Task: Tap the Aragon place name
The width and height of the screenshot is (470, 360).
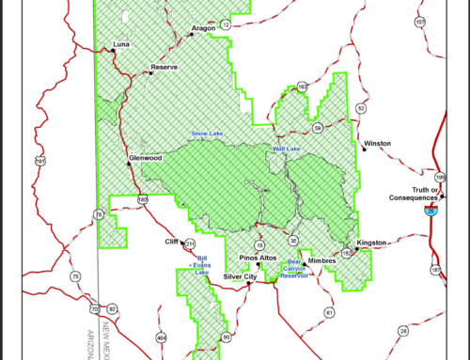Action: click(203, 29)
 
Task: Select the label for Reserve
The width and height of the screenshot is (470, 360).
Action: click(165, 69)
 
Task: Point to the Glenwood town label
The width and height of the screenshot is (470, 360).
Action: click(146, 158)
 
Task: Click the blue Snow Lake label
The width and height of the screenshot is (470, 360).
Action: click(207, 133)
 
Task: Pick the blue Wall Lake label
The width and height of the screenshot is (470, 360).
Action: click(286, 149)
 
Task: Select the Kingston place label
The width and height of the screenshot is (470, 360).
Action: click(372, 243)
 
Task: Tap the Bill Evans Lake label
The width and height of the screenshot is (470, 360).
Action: click(201, 266)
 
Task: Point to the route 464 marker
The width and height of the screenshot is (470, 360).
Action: click(161, 337)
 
